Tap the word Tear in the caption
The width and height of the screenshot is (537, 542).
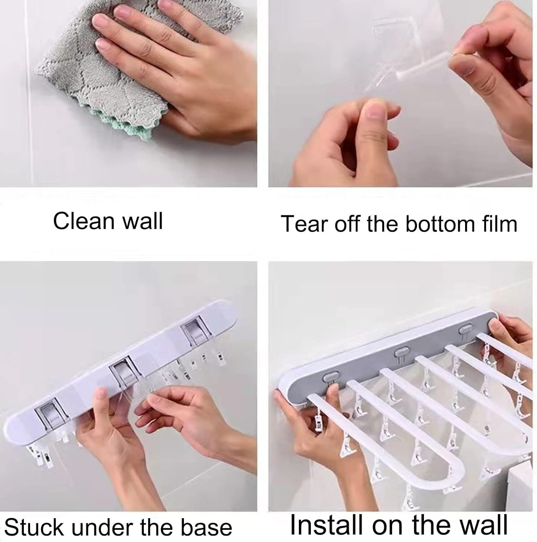point(304,224)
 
